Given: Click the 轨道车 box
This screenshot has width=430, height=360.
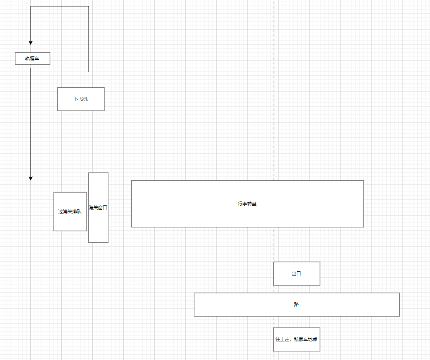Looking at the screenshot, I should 33,59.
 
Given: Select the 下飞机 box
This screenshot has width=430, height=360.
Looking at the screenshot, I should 81,99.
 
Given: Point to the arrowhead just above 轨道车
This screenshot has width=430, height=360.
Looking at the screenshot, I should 31,42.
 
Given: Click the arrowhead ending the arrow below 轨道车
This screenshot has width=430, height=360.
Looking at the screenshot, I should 31,178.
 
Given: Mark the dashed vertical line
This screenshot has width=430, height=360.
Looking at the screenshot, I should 274,116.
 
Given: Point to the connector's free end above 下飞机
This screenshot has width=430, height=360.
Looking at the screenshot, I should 89,72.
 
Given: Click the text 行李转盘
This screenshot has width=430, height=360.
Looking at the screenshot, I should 247,204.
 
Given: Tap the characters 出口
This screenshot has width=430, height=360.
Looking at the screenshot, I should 296,274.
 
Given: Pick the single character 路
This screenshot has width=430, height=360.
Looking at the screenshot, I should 296,305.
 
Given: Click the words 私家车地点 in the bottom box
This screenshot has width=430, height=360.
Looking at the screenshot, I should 306,339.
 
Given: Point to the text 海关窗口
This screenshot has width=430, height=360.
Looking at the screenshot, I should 98,208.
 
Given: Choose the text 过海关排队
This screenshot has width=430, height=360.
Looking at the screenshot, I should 70,212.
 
